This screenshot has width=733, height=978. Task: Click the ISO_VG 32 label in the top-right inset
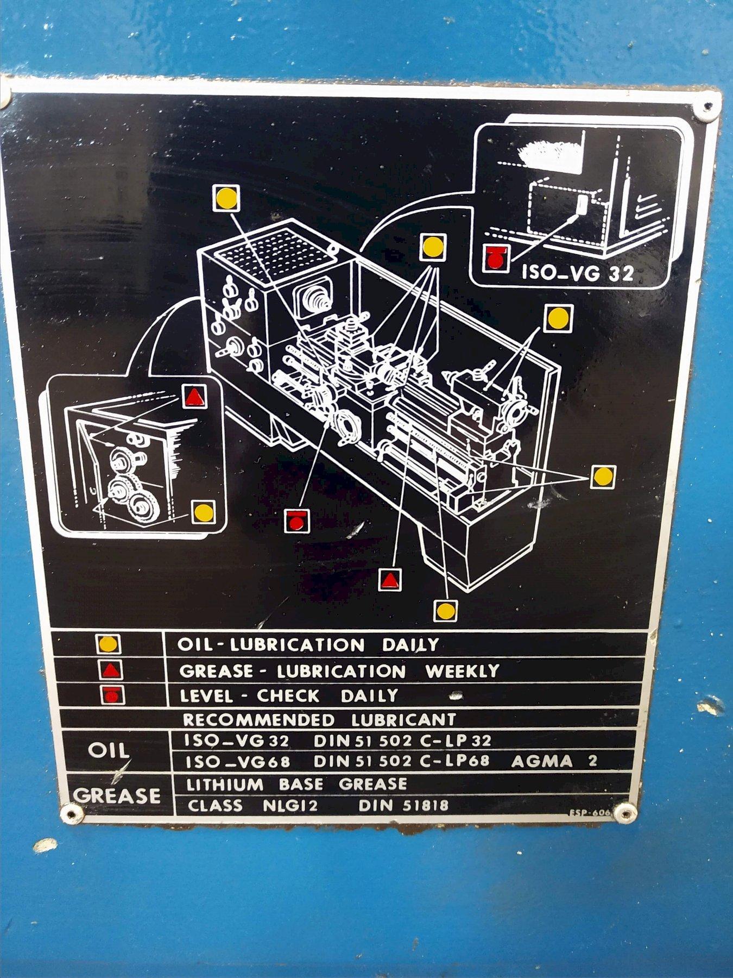578,272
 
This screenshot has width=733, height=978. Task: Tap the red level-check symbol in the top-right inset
497,259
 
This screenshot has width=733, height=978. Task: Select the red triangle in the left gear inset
194,397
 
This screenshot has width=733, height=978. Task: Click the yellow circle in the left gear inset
203,512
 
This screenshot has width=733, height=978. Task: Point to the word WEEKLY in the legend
462,671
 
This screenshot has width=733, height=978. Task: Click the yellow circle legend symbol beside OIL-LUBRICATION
108,644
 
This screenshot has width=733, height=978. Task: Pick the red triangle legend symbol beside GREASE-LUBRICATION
111,671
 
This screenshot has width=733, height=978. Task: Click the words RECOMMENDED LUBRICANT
319,719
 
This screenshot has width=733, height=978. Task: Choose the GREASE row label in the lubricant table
117,795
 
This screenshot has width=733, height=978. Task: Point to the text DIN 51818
403,805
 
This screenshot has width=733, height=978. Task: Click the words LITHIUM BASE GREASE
296,784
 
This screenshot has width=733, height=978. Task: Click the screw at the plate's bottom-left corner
71,813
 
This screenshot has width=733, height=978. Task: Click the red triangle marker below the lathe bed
390,580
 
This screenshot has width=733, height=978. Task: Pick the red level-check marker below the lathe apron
296,522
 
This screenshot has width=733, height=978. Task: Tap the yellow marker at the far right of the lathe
602,477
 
